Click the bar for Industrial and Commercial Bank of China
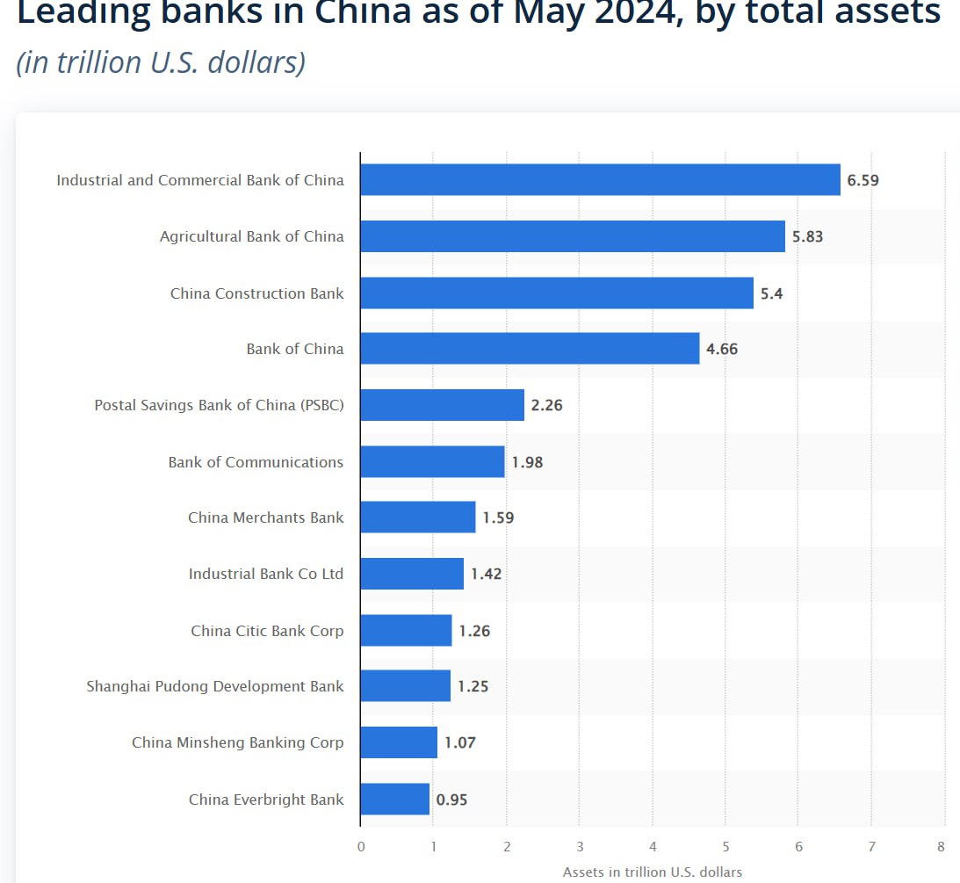[600, 180]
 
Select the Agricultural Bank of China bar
[573, 236]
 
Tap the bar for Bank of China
[530, 349]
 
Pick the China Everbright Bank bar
[394, 800]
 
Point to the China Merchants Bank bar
[418, 517]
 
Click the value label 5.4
[771, 293]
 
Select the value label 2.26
[546, 405]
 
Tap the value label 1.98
[527, 462]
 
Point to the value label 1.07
[459, 742]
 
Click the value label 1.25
[473, 686]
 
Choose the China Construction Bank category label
[257, 293]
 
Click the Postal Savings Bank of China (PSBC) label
[219, 406]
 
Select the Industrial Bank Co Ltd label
[266, 574]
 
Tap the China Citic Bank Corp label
[267, 631]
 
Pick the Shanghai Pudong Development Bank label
[215, 686]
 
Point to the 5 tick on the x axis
[725, 847]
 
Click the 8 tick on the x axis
[941, 847]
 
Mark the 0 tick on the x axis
[361, 847]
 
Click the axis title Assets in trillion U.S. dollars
[653, 872]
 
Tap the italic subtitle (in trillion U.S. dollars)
[161, 63]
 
